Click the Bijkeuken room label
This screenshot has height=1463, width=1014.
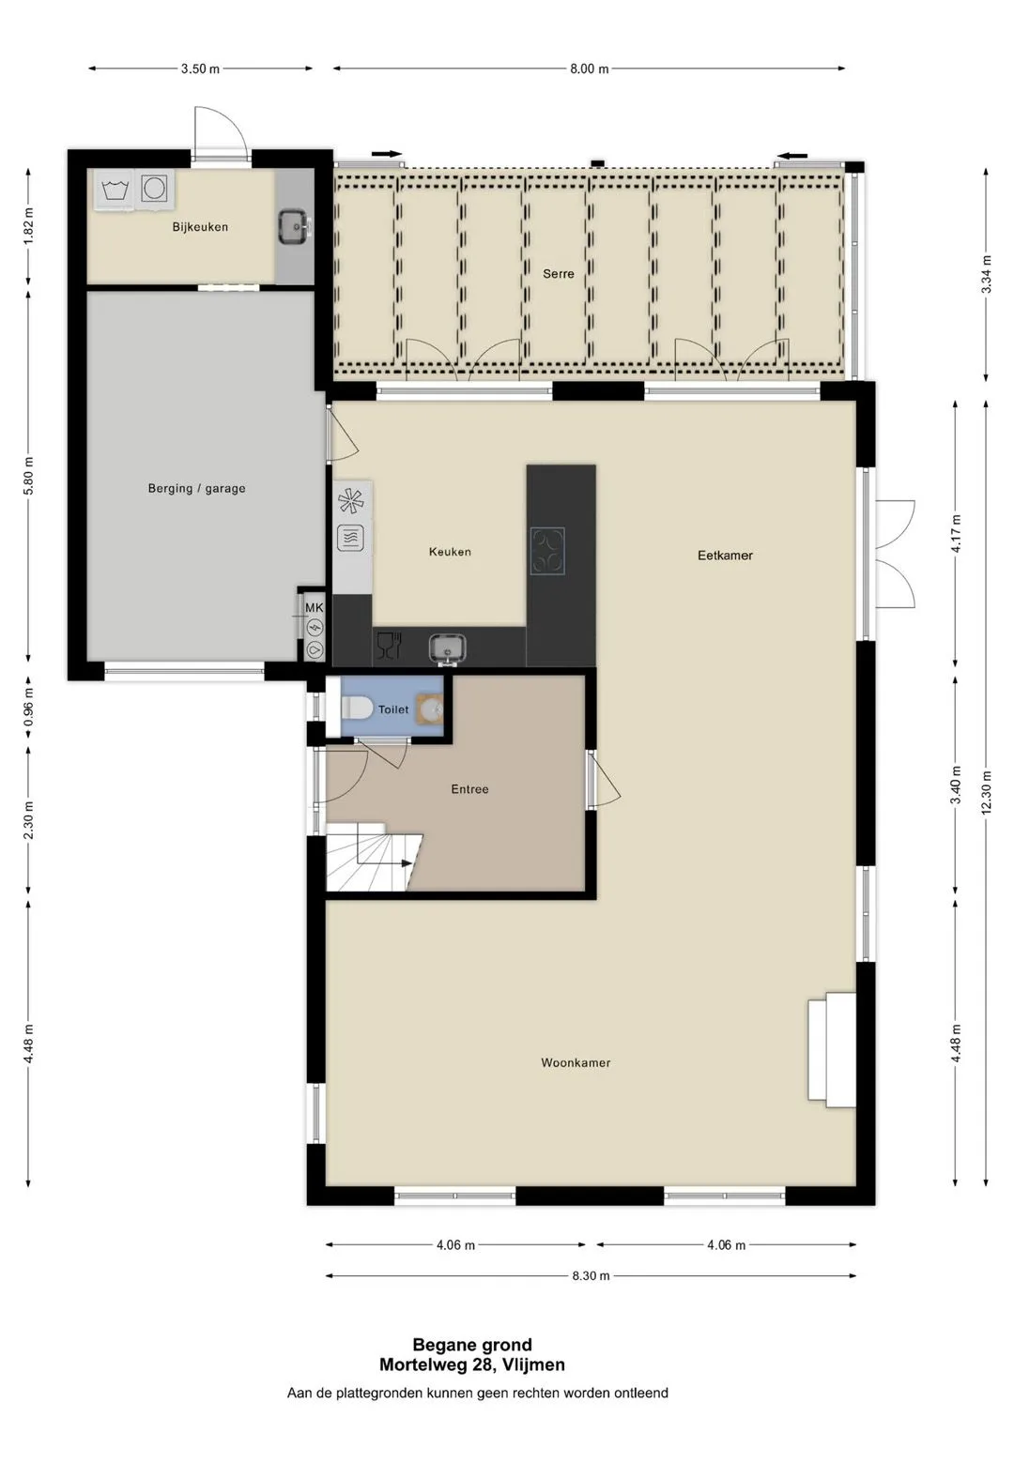point(200,227)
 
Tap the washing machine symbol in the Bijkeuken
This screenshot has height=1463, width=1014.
point(115,190)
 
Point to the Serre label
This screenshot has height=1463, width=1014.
point(558,274)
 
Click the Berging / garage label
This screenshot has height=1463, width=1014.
point(196,489)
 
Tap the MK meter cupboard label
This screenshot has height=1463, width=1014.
point(315,608)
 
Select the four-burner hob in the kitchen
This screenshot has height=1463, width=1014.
point(547,551)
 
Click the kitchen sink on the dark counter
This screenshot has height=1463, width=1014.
point(447,648)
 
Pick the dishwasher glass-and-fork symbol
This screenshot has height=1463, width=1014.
point(389,646)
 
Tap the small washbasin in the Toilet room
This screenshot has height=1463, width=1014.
point(431,709)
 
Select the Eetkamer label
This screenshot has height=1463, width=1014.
point(725,556)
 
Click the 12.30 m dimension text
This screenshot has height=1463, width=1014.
point(986,792)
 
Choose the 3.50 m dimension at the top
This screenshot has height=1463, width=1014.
point(200,69)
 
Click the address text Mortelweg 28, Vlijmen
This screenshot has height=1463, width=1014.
point(472,1365)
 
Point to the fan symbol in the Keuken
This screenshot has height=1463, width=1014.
point(351,501)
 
